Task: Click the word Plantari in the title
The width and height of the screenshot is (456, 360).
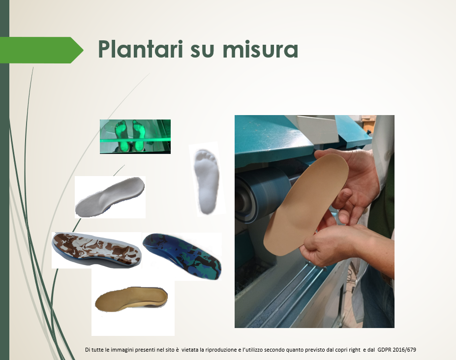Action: point(141,49)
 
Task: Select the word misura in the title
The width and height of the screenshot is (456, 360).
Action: point(260,49)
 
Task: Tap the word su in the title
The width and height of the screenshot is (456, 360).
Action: point(202,51)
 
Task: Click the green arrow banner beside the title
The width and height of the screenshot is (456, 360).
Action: point(42,50)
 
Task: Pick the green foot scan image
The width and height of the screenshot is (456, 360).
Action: point(135,136)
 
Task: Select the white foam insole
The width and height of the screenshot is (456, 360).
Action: point(110,196)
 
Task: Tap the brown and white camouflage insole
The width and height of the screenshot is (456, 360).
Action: point(96,249)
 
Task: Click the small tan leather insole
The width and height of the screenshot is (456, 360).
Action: point(131,299)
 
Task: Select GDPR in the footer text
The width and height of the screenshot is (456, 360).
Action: point(384,350)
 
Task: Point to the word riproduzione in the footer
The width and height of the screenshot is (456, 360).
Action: point(221,350)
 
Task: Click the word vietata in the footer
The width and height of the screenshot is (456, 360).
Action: point(189,350)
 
